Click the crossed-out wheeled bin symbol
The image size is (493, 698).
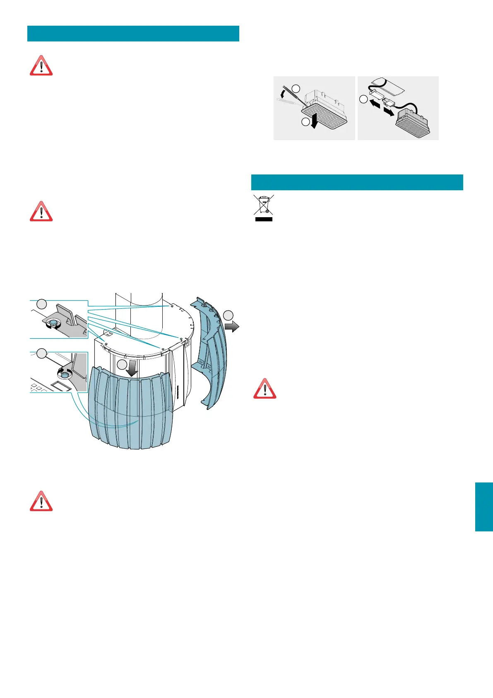point(264,205)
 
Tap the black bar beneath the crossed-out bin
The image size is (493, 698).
point(264,219)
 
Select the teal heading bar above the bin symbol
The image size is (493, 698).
point(357,182)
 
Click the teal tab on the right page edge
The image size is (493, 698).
point(484,507)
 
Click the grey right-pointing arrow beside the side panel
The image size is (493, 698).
point(232,327)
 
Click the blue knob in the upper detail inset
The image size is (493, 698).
point(53,323)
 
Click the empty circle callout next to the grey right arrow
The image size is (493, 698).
point(228,315)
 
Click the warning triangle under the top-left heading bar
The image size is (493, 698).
point(41,66)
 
